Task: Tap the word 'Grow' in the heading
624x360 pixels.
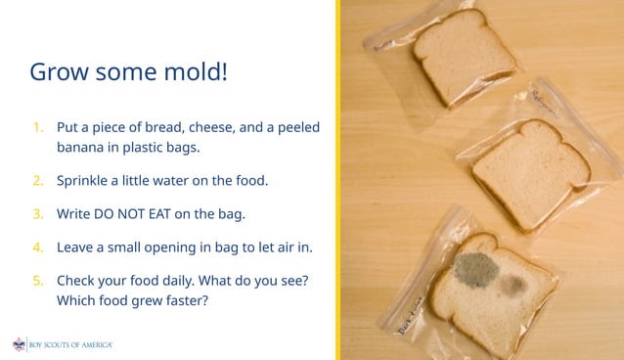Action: coord(58,72)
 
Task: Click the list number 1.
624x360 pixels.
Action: coord(37,127)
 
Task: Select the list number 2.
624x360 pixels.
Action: coord(37,181)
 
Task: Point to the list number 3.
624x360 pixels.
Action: coord(37,213)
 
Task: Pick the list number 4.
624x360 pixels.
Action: coord(37,247)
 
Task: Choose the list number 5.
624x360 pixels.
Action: coord(37,280)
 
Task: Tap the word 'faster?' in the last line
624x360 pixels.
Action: coord(181,300)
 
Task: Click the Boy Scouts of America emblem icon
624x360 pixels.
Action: coord(19,344)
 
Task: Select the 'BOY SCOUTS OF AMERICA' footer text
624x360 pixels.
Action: coord(70,345)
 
